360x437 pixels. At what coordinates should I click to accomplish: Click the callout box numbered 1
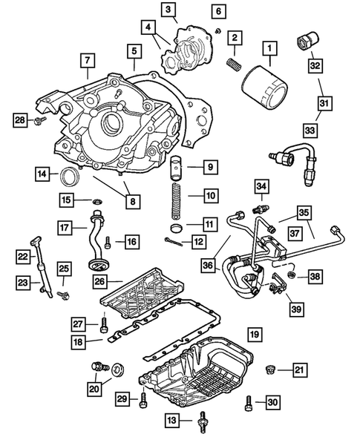269,50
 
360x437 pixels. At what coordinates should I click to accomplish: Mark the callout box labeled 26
100,280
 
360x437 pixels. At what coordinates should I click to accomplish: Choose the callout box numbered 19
254,335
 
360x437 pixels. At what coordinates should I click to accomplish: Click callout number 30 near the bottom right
272,403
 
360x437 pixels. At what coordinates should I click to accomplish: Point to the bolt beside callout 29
143,401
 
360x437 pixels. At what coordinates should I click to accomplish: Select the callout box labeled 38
315,276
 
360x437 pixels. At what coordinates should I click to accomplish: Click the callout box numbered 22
23,256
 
